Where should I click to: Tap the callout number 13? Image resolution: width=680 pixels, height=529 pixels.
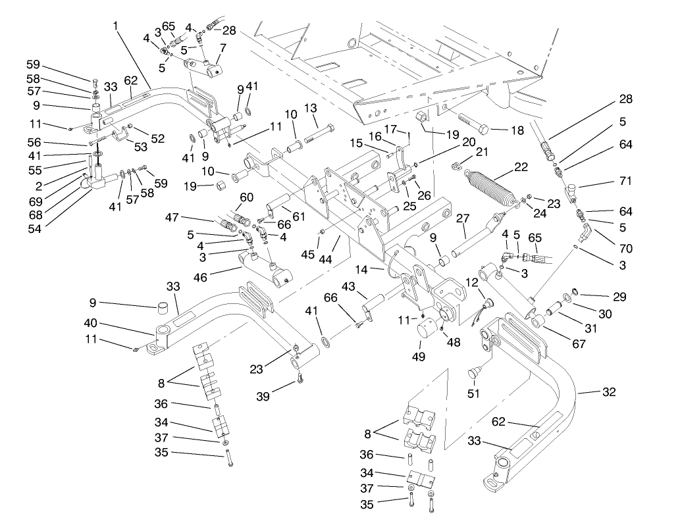click(x=311, y=108)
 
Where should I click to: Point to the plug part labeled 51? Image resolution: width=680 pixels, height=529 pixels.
click(x=473, y=375)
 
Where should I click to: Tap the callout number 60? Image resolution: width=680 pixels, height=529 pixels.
click(x=246, y=197)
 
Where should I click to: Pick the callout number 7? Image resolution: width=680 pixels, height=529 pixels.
click(x=222, y=48)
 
